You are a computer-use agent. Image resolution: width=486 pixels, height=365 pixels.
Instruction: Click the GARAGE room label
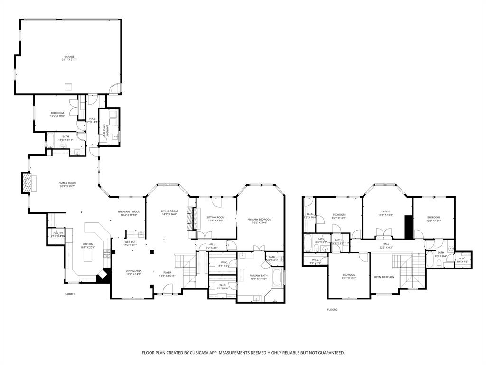(69, 56)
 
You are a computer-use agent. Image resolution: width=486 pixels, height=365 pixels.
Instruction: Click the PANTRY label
(58, 232)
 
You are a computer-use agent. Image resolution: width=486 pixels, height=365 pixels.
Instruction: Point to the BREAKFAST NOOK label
(129, 211)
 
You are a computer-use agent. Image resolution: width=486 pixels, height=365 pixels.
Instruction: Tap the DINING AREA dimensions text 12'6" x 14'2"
(133, 275)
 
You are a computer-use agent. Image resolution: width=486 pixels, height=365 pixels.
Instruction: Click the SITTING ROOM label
(215, 217)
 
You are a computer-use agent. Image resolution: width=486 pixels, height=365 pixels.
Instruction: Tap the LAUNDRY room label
(109, 131)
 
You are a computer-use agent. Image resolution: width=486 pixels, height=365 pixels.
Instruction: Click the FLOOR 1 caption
(69, 294)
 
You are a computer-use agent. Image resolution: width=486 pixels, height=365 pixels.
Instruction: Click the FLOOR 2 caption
(332, 309)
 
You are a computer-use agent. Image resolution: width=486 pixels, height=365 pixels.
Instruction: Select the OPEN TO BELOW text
(383, 276)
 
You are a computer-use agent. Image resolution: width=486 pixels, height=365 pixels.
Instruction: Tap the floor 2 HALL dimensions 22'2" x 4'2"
(385, 247)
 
